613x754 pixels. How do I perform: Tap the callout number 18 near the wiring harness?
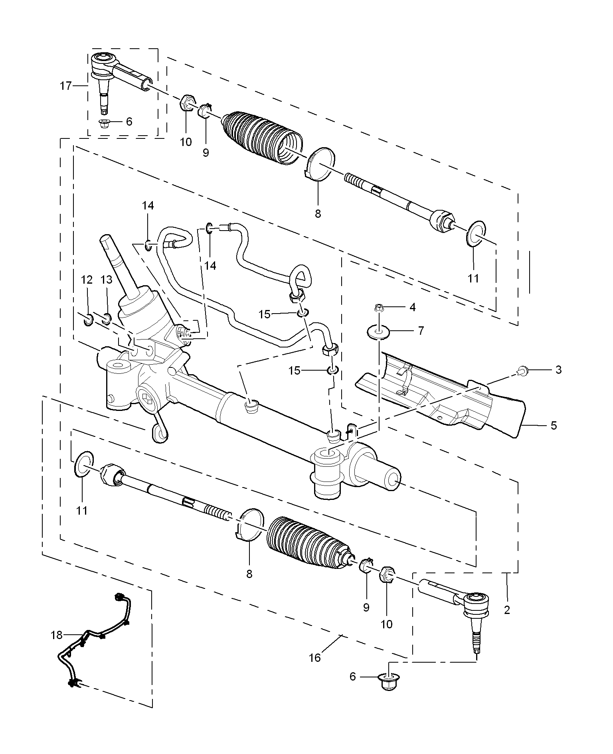(x=57, y=635)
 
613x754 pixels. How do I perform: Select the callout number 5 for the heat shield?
(x=554, y=425)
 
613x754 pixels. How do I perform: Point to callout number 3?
(x=558, y=370)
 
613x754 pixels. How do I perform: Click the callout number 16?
(x=315, y=657)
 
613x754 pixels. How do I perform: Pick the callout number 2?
(x=507, y=610)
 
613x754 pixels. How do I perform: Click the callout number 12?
(x=87, y=280)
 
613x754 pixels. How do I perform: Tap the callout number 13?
(x=107, y=280)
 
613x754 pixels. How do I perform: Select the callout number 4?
(x=412, y=307)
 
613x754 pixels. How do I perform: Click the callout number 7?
(x=421, y=331)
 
